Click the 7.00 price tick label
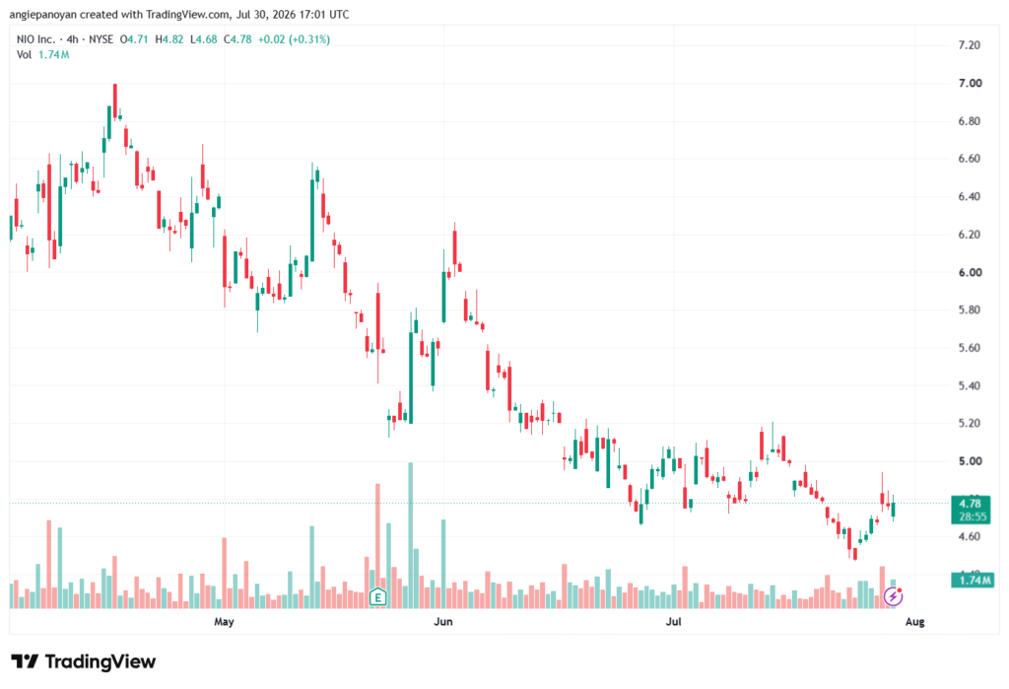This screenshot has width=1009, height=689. [970, 83]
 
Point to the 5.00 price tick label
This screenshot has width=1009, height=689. [970, 461]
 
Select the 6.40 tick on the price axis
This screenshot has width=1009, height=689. [970, 196]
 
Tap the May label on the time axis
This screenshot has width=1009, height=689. [224, 621]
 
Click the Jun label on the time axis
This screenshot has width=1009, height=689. [443, 621]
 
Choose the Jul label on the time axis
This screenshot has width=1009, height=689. [673, 621]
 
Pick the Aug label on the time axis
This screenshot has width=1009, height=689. [915, 621]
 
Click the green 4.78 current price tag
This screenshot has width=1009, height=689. [971, 510]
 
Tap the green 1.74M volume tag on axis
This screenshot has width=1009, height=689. [972, 581]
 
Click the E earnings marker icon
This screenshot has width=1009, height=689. [377, 597]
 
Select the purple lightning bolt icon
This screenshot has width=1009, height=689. [893, 597]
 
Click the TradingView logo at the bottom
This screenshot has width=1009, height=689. [83, 661]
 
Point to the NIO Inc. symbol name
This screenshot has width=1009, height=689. [35, 39]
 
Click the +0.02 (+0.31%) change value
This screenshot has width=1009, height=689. [294, 39]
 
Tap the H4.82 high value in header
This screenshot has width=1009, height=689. [169, 39]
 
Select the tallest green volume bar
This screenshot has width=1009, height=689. [411, 535]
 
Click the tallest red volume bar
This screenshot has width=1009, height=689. [377, 546]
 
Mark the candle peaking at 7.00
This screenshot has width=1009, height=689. [115, 102]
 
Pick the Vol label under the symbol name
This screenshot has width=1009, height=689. [24, 55]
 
